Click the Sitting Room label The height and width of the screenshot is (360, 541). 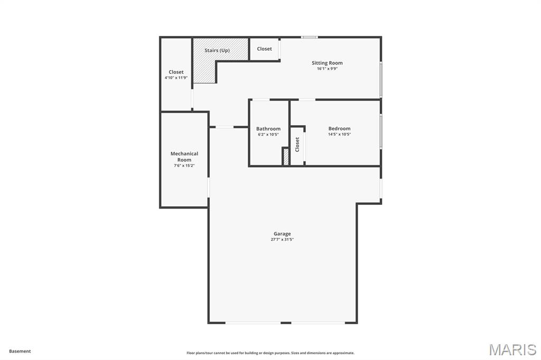(x=327, y=63)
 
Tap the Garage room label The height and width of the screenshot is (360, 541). (x=282, y=234)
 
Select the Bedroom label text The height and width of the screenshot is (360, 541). (x=339, y=129)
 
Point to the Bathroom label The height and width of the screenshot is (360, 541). (x=268, y=129)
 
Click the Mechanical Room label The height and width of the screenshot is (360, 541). (x=184, y=157)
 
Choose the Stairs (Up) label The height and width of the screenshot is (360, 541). (x=217, y=51)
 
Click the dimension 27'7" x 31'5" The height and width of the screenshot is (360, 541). (x=282, y=240)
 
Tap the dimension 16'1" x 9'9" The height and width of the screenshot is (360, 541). (x=327, y=69)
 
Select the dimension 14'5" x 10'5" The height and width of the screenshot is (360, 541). (x=339, y=135)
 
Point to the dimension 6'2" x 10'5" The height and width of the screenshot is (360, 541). (x=268, y=135)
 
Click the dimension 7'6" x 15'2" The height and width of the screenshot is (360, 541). (x=184, y=166)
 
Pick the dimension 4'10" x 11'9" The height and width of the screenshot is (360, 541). (x=176, y=78)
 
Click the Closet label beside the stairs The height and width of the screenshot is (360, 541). (x=264, y=49)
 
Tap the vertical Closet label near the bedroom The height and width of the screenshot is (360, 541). (x=297, y=145)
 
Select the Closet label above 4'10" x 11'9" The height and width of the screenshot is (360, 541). (x=176, y=72)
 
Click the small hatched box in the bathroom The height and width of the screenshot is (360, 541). (x=286, y=157)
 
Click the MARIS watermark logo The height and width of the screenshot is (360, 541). (x=512, y=349)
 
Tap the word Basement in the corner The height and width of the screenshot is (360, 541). (x=20, y=351)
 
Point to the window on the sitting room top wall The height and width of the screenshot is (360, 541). (x=309, y=37)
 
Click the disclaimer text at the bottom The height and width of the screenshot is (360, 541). (x=270, y=353)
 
